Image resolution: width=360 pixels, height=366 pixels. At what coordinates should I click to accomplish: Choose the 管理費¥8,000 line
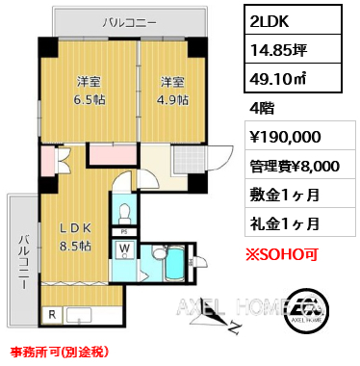pos(288,165)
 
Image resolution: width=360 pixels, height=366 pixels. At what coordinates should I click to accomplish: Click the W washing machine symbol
pos(125,251)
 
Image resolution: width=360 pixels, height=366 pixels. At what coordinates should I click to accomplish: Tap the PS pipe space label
pos(124,230)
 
